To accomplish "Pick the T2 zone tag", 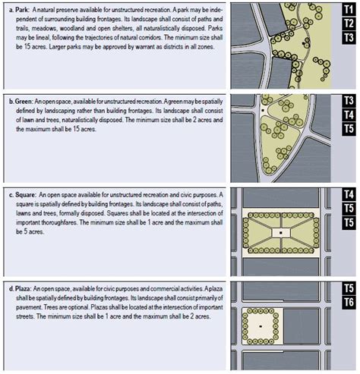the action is [349, 23].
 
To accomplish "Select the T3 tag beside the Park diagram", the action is [349, 37].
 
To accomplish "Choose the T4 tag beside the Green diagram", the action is [349, 115].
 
